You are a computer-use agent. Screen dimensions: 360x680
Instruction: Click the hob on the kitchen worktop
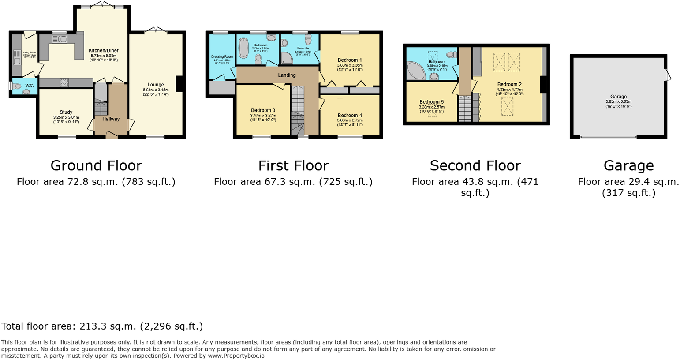coord(64,82)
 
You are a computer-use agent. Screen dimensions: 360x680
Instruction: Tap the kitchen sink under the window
coord(59,39)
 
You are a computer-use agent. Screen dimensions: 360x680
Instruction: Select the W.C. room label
coord(30,85)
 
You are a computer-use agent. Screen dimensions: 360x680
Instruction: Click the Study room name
coord(66,112)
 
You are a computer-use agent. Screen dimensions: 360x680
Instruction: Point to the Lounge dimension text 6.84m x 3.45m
coord(156,90)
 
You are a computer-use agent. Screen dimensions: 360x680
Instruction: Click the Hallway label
coord(111,119)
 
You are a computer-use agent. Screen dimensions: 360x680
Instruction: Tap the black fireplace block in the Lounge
coord(179,84)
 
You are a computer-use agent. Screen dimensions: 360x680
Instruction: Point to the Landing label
coord(287,75)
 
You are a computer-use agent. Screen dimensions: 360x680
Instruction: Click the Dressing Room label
coord(222,56)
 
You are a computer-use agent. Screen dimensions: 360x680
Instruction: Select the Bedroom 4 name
coord(350,116)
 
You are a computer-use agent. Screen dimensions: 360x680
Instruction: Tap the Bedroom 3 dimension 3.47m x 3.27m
coord(263,115)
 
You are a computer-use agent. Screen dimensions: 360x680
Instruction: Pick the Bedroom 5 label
coord(431,102)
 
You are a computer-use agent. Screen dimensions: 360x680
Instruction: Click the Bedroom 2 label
coord(509,84)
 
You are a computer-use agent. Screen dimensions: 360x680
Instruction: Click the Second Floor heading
coord(475,166)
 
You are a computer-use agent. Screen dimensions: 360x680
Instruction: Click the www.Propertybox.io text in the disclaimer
coord(236,356)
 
